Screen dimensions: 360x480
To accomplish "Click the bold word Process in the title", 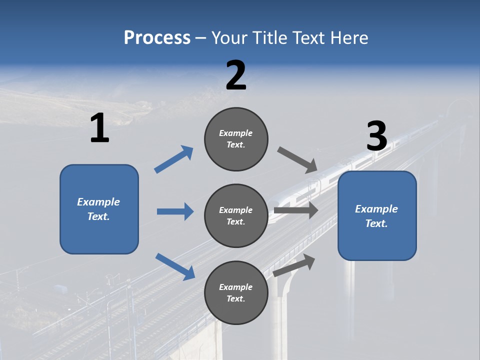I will (157, 37).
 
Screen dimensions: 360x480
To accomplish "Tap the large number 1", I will (99, 128).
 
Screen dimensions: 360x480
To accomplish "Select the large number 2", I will (236, 75).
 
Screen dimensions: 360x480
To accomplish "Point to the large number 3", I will (377, 136).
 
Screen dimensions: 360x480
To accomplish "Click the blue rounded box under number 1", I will (99, 209).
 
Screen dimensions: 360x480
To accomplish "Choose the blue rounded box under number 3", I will (377, 216).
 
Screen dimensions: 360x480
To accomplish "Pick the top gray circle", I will (236, 139).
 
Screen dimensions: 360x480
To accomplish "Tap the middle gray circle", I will (236, 215).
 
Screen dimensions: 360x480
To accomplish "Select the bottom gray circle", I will (236, 292).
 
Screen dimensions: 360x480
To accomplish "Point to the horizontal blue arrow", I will (175, 211).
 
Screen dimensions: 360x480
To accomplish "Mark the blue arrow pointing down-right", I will (174, 266).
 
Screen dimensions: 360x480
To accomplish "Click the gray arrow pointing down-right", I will (297, 160).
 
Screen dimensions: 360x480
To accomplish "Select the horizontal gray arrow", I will (296, 210).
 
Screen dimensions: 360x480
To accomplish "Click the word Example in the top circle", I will (236, 133).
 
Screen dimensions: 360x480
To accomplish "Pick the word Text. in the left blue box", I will (99, 216).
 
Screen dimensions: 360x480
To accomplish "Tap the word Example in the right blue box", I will (376, 209).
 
